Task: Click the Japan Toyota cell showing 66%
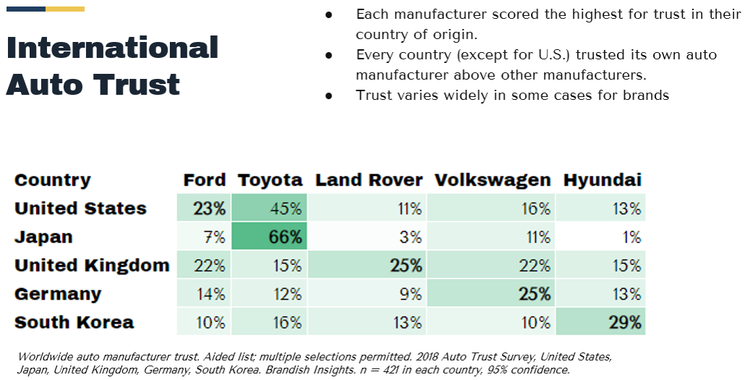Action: (269, 237)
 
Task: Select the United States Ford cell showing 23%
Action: (204, 208)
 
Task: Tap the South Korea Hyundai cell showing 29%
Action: (600, 322)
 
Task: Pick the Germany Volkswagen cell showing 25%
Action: (491, 294)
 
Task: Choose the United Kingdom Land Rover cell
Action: (367, 266)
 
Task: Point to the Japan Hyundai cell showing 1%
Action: (600, 237)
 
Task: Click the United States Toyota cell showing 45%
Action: (269, 208)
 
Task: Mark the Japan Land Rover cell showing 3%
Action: (367, 237)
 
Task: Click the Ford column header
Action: (205, 180)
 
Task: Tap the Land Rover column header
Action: (368, 180)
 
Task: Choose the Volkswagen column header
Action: (492, 180)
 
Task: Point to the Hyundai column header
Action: (602, 180)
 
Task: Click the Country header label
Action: (52, 180)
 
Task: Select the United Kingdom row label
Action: (92, 266)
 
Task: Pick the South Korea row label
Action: (74, 322)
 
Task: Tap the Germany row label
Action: (58, 294)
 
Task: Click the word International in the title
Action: (112, 48)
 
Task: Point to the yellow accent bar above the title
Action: (65, 9)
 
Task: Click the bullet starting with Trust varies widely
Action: (512, 95)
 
